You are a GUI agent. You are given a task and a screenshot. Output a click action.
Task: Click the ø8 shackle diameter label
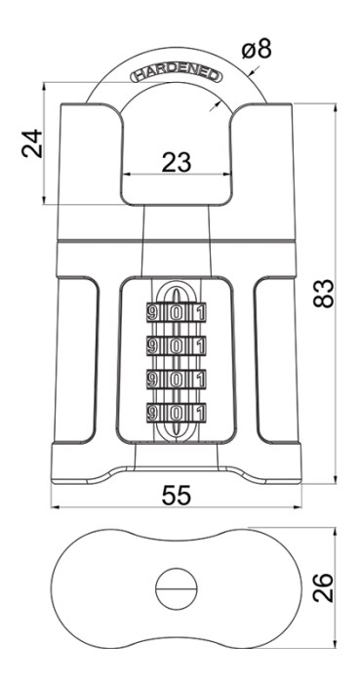click(x=257, y=49)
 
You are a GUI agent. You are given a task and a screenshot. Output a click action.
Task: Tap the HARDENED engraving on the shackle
click(x=177, y=75)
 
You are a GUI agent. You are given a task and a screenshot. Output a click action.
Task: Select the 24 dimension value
click(x=32, y=143)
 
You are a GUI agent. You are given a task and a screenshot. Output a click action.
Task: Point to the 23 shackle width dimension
click(x=177, y=162)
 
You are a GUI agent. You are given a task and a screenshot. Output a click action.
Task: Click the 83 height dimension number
click(x=324, y=293)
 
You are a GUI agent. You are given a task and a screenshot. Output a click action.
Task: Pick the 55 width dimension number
click(x=177, y=496)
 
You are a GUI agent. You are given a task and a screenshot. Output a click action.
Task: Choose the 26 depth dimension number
click(x=324, y=587)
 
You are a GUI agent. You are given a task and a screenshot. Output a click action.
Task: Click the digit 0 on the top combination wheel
click(x=175, y=313)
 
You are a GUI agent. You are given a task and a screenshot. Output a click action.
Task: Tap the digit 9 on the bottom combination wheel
click(x=152, y=413)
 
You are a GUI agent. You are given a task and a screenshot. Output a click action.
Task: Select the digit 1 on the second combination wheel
click(x=200, y=346)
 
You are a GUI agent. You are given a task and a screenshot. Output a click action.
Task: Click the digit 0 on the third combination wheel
click(x=175, y=380)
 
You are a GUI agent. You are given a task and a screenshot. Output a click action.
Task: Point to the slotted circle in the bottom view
click(x=177, y=588)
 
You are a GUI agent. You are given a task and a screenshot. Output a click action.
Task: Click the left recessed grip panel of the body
click(x=77, y=359)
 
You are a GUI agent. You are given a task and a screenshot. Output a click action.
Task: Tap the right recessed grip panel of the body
click(x=275, y=359)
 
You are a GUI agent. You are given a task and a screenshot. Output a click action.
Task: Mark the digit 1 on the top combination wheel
click(x=200, y=313)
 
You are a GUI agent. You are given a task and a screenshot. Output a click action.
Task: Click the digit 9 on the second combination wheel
click(x=152, y=346)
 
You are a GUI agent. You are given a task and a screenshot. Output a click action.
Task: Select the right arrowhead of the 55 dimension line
click(x=298, y=507)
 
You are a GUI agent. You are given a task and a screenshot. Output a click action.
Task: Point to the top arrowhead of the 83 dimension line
click(x=336, y=107)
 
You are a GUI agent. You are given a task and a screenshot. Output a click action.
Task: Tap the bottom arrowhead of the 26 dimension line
click(x=336, y=644)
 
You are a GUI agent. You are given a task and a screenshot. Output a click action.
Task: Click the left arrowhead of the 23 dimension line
click(x=127, y=175)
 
